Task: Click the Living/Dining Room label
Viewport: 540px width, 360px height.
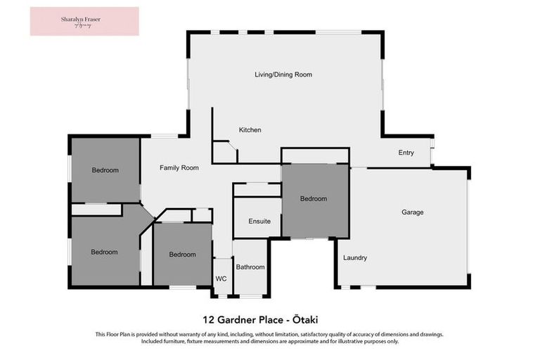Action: (283, 75)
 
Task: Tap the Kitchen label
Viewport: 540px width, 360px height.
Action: (250, 130)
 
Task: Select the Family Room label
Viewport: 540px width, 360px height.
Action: (179, 168)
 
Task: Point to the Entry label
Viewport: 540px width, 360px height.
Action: (406, 153)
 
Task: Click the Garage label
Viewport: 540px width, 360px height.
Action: (412, 212)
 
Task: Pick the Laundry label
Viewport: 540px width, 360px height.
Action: (355, 257)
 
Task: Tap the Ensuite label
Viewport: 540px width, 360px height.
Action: (259, 221)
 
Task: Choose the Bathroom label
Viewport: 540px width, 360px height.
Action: (250, 267)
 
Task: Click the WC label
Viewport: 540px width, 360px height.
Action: (221, 279)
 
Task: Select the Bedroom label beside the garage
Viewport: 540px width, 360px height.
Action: (314, 199)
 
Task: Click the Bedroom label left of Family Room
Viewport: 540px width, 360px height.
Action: (105, 170)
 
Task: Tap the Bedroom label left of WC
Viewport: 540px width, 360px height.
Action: (182, 255)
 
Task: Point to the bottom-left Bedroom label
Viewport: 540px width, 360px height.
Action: (103, 252)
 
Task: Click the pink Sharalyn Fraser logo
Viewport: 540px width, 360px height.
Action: (84, 21)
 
